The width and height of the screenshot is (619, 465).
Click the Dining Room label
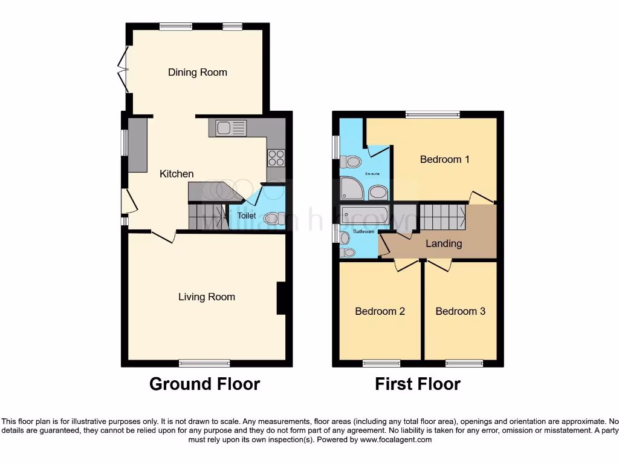pos(198,73)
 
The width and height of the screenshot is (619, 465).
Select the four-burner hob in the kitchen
pos(276,157)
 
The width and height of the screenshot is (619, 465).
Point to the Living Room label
pos(206,297)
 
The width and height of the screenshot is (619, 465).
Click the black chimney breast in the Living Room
pos(281,298)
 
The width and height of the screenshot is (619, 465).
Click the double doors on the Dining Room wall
pos(125,70)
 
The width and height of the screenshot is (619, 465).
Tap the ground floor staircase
pos(206,215)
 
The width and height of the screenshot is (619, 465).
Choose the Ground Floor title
pos(204,384)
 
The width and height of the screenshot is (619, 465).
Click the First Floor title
pos(417,384)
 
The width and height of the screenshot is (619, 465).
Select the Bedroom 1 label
pos(444,160)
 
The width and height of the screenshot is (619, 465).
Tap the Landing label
pos(444,243)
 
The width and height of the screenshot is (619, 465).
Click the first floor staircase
pos(442,216)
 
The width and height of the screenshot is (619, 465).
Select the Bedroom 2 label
pos(380,311)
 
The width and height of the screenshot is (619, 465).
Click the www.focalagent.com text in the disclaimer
pos(396,440)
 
